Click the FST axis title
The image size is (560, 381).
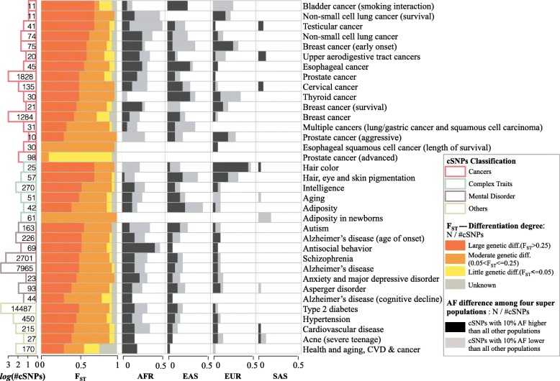coord(81,375)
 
